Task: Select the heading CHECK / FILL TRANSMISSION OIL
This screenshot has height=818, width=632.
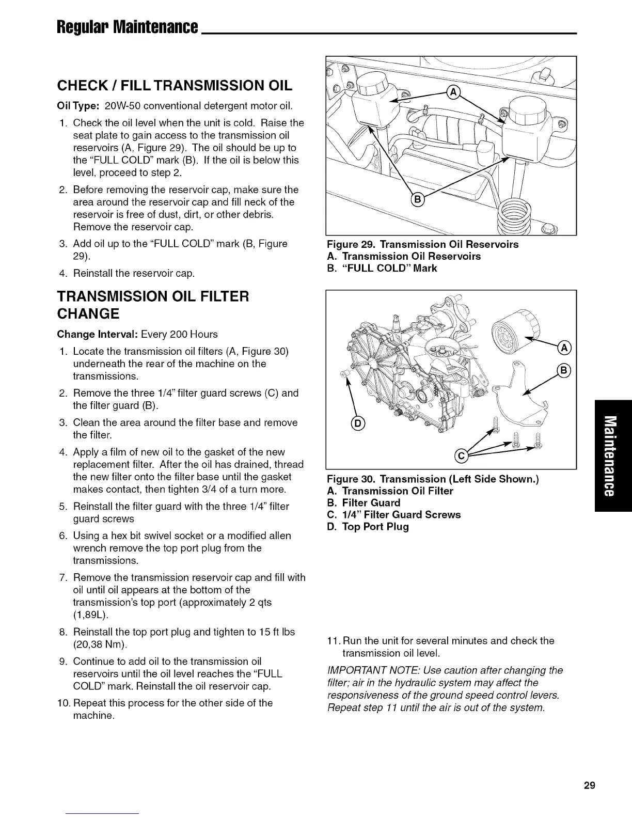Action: click(175, 86)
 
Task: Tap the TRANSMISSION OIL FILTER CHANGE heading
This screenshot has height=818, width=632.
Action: click(153, 305)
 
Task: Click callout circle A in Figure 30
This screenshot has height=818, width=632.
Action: click(564, 349)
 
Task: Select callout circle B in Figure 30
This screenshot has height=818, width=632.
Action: click(564, 370)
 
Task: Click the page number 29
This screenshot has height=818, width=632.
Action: click(590, 786)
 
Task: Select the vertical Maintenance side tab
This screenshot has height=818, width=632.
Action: click(613, 455)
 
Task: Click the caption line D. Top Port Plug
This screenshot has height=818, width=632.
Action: click(368, 527)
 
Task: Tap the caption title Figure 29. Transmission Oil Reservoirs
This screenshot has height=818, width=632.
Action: click(423, 244)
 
